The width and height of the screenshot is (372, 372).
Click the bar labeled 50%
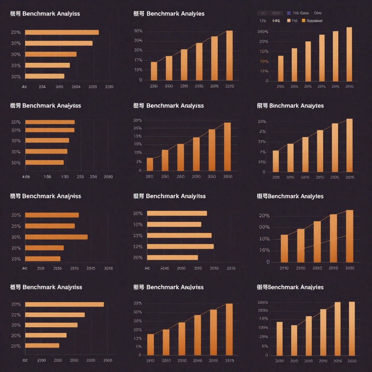click(44, 162)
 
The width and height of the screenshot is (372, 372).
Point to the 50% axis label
click(16, 163)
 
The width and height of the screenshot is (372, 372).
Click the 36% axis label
click(16, 237)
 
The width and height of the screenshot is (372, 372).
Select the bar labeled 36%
click(56, 237)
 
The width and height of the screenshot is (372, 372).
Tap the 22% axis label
click(16, 315)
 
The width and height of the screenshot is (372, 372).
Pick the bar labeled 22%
click(55, 315)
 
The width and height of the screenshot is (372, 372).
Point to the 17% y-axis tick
click(138, 60)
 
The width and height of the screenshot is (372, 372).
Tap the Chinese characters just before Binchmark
click(262, 106)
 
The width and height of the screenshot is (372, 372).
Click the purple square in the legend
click(289, 13)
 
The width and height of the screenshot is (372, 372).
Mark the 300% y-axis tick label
click(263, 32)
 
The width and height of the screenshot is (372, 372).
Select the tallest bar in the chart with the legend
click(349, 54)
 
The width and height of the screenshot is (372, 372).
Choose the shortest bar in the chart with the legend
click(280, 68)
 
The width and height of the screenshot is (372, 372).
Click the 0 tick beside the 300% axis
click(267, 81)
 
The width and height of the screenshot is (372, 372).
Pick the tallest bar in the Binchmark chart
click(349, 145)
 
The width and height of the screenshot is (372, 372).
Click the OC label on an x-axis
click(25, 360)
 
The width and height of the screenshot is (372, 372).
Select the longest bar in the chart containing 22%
click(64, 304)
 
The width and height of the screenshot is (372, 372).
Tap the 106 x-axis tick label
click(47, 177)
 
